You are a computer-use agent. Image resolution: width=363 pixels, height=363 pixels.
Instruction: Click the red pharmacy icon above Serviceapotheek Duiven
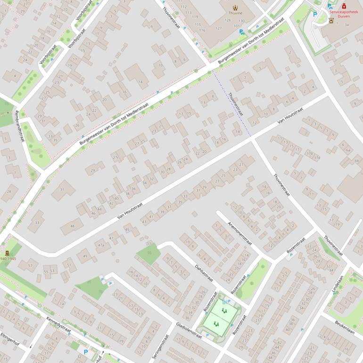(x=344, y=6)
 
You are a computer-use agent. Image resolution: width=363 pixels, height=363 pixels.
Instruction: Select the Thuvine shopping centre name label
(x=235, y=13)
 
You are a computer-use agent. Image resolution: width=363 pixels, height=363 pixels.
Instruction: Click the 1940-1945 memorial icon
(x=7, y=253)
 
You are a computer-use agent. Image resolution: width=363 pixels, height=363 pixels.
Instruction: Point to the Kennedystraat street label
(x=58, y=325)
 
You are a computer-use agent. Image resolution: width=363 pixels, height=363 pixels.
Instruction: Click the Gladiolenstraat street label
(x=189, y=330)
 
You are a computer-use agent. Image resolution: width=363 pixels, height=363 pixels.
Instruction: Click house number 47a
(x=100, y=245)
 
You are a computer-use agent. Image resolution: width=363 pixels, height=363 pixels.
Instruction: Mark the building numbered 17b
(x=309, y=154)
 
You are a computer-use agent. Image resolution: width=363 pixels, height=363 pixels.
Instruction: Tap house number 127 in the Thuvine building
(x=218, y=28)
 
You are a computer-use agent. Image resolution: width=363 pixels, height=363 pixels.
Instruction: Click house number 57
(x=30, y=266)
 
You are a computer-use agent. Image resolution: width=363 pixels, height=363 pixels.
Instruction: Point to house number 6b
(x=356, y=161)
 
